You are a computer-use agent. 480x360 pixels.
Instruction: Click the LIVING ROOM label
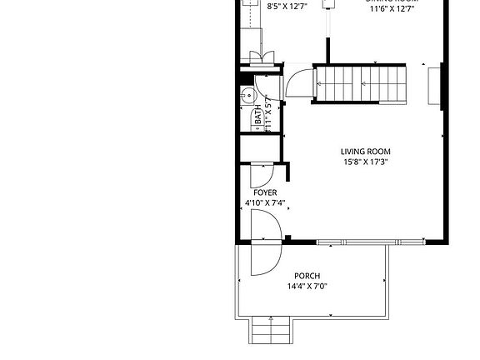tap(365, 152)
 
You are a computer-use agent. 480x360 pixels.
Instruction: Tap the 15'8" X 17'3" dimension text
tap(365, 162)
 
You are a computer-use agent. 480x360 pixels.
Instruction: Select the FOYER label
tap(265, 192)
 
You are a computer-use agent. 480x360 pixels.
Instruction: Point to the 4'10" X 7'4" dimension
tap(265, 202)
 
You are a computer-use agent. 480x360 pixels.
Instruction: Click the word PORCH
tap(307, 276)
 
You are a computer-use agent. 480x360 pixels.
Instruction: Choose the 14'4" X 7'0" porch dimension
tap(307, 286)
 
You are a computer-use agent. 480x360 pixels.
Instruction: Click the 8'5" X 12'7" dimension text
tap(286, 7)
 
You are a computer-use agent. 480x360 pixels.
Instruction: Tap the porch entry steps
tap(271, 331)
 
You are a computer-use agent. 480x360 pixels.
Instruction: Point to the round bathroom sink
tap(247, 97)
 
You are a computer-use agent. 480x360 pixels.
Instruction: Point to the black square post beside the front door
tap(287, 240)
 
